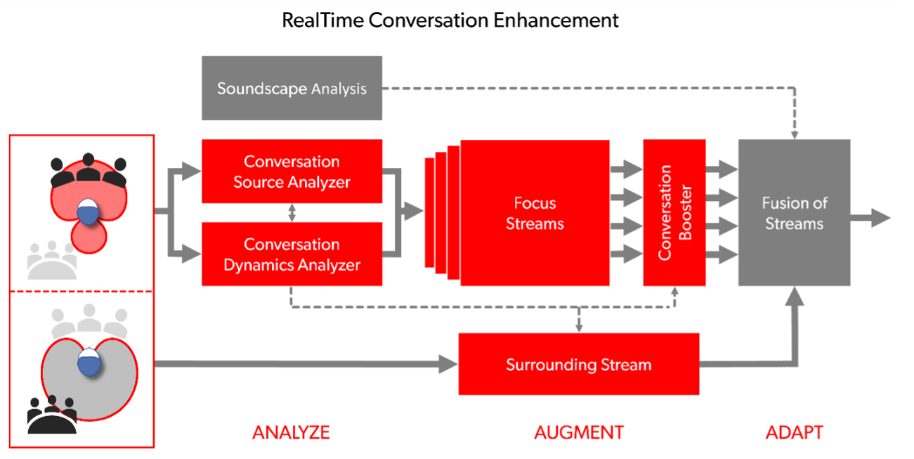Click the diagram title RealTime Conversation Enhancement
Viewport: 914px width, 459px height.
pos(450,20)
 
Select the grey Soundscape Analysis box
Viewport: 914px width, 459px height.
pos(292,89)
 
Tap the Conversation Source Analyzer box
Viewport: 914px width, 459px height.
pos(292,172)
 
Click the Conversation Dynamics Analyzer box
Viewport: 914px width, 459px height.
pos(292,254)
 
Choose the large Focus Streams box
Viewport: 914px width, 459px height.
pos(535,213)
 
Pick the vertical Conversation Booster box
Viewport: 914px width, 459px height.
pos(674,213)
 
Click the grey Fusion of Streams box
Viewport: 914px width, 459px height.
pos(794,213)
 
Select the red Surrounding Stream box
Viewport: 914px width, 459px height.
pos(578,364)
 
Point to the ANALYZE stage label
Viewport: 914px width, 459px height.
pos(291,432)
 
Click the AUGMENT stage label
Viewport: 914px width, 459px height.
pos(578,432)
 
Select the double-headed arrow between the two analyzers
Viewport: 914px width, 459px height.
pos(292,213)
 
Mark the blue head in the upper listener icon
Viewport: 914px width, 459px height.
pos(87,212)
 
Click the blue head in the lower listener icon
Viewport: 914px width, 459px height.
pos(88,363)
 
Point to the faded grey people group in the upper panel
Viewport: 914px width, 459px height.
pos(51,261)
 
